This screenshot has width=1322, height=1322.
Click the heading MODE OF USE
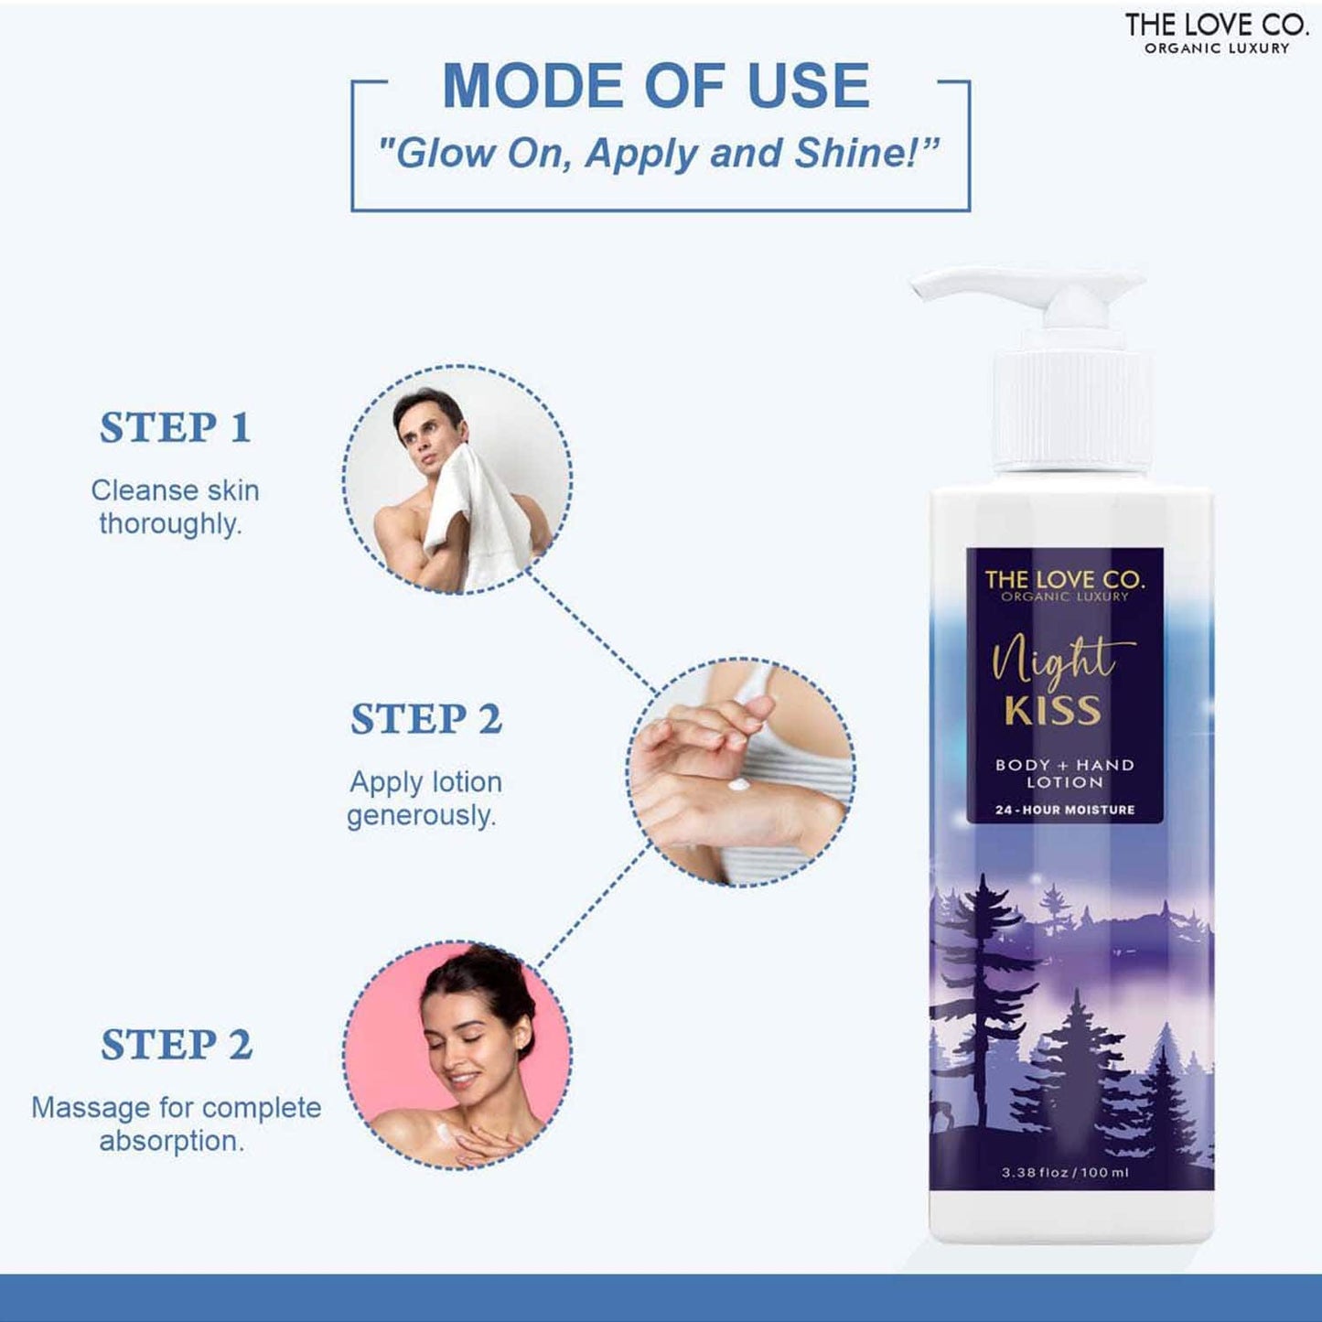click(x=656, y=86)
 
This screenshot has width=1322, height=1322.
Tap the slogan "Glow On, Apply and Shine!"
click(x=659, y=153)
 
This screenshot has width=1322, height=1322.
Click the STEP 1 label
click(x=175, y=428)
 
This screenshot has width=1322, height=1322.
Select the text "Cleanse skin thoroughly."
click(x=174, y=507)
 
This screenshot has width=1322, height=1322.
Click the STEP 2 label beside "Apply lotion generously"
click(x=426, y=719)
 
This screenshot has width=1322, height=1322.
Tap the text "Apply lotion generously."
click(x=425, y=798)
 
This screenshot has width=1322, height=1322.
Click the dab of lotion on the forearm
click(x=739, y=785)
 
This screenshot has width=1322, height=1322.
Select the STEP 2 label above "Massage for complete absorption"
click(x=176, y=1045)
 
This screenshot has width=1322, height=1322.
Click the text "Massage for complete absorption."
click(x=176, y=1123)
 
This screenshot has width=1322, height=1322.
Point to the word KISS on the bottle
click(x=1052, y=710)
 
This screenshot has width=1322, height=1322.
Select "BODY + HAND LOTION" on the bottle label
click(x=1065, y=773)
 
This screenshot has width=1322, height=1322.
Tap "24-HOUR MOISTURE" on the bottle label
click(x=1065, y=810)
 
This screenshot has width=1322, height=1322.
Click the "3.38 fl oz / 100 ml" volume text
click(x=1065, y=1172)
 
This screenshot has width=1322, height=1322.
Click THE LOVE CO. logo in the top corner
click(x=1216, y=31)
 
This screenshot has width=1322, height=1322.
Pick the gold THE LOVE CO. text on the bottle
click(x=1064, y=579)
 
